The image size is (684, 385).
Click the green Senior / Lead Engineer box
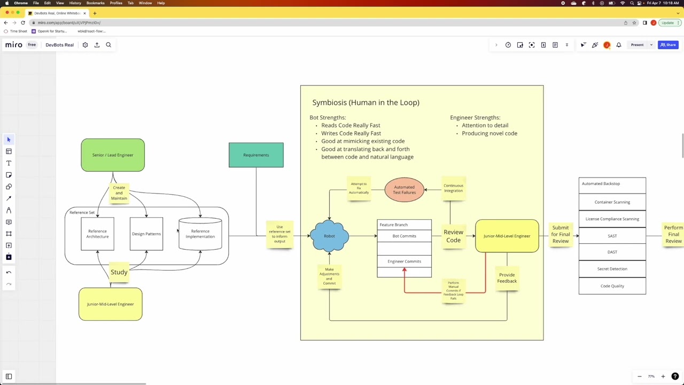pyautogui.click(x=113, y=155)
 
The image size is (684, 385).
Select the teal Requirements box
pyautogui.click(x=256, y=155)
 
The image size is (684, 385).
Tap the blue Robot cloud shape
pyautogui.click(x=329, y=236)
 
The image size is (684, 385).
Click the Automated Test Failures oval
pyautogui.click(x=404, y=190)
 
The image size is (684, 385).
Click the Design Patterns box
pyautogui.click(x=146, y=234)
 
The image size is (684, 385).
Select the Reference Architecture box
pyautogui.click(x=97, y=234)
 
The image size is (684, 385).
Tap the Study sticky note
pyautogui.click(x=119, y=272)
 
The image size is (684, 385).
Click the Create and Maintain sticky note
pyautogui.click(x=119, y=193)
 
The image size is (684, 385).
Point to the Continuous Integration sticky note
pyautogui.click(x=453, y=188)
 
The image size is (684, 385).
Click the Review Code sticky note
pyautogui.click(x=453, y=236)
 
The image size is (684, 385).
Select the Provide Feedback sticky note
pyautogui.click(x=507, y=278)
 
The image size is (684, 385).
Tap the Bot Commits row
pyautogui.click(x=404, y=236)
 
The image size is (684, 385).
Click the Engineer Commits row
pyautogui.click(x=404, y=261)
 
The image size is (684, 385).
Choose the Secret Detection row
pyautogui.click(x=612, y=269)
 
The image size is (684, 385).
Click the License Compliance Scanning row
pyautogui.click(x=612, y=219)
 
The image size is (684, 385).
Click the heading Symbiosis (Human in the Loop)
pyautogui.click(x=366, y=103)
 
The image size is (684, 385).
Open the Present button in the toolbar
pyautogui.click(x=637, y=45)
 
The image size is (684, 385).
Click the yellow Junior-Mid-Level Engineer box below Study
pyautogui.click(x=111, y=304)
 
